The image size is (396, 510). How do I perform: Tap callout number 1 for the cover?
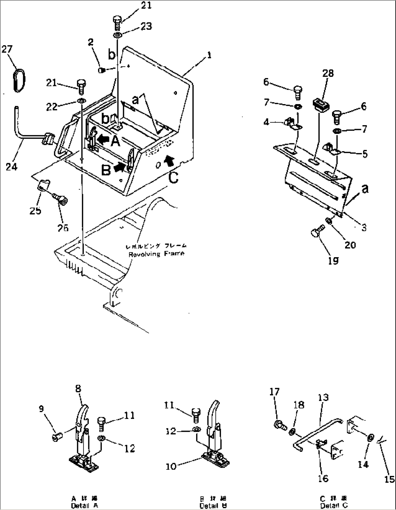[x=209, y=55]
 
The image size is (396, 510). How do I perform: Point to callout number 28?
[x=328, y=74]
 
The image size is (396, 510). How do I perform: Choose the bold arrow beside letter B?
[x=120, y=166]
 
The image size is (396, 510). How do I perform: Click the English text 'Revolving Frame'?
[x=156, y=254]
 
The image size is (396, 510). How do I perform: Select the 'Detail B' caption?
[x=213, y=506]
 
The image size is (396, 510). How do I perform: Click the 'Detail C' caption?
[x=334, y=506]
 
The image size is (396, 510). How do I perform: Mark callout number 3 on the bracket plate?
[x=364, y=227]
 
